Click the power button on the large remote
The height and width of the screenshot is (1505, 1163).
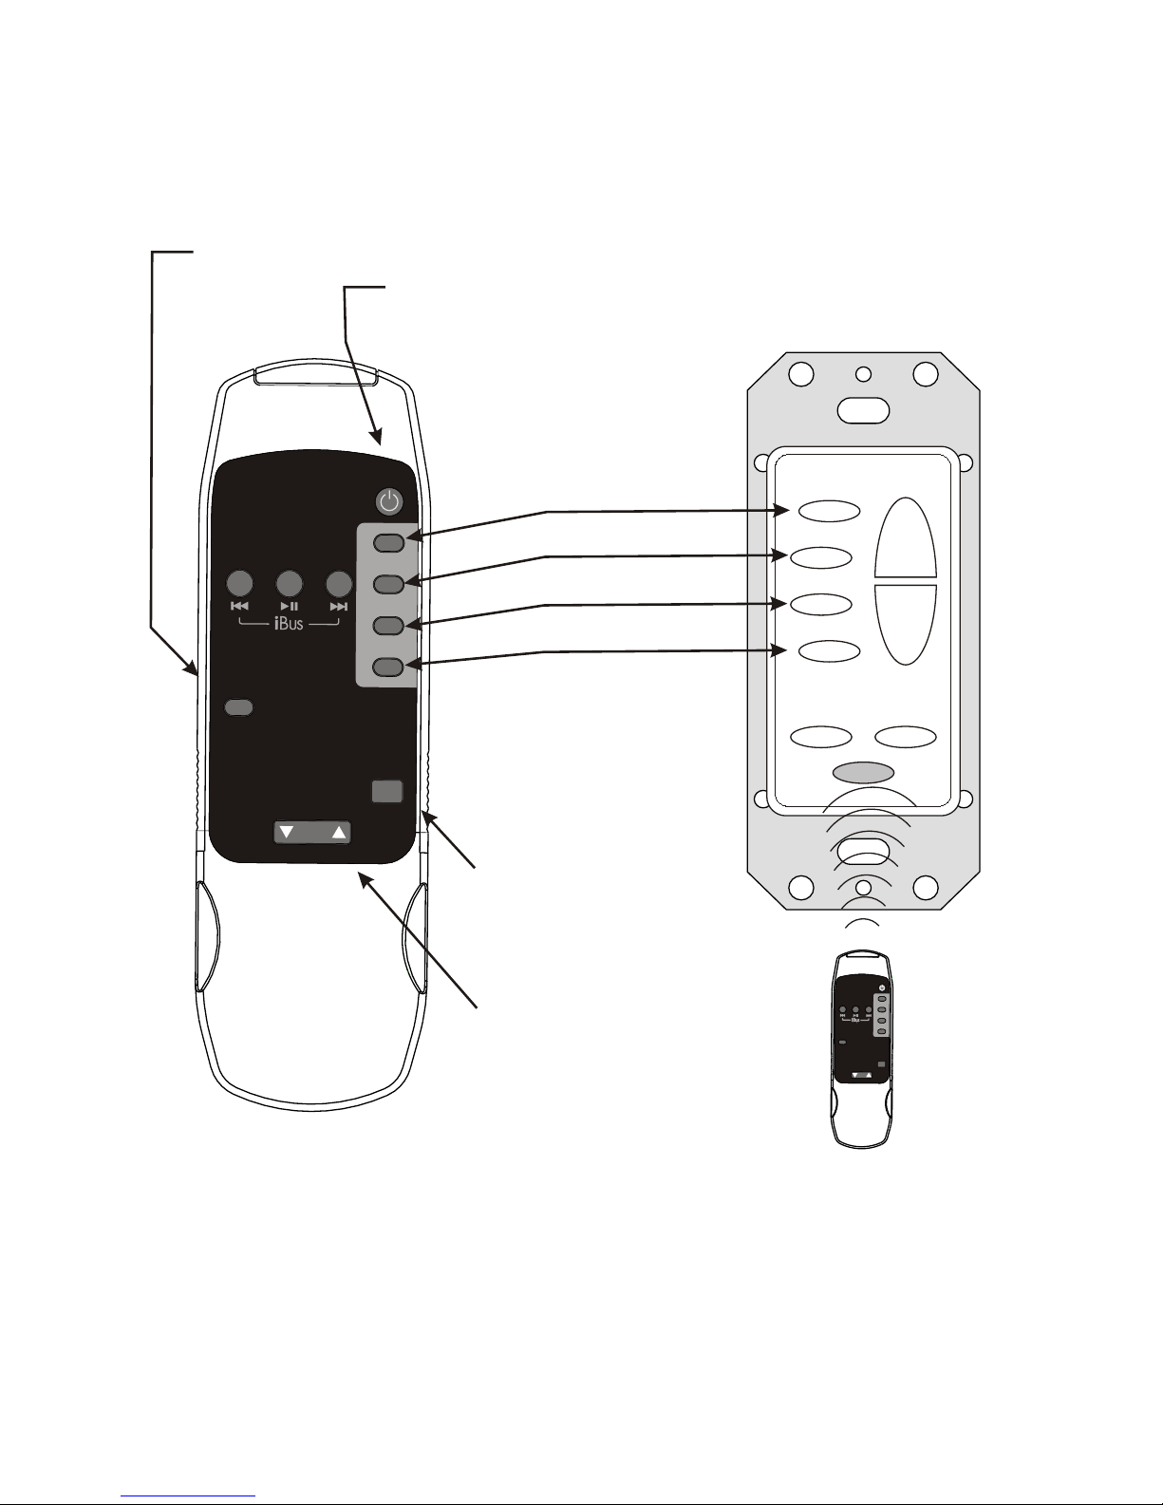(389, 501)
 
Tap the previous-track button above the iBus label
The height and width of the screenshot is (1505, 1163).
(239, 583)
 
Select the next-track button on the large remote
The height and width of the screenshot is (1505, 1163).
(339, 583)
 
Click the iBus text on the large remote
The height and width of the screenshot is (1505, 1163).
(289, 624)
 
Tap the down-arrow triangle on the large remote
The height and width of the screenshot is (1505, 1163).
(287, 833)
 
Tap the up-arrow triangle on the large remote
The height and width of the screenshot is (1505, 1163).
(338, 833)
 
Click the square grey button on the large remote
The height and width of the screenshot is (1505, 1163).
(386, 792)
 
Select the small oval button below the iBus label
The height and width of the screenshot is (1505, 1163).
(238, 707)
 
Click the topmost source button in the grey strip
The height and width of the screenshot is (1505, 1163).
(389, 543)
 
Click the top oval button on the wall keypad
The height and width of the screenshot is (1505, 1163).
(829, 511)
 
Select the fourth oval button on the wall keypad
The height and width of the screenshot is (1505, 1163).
(829, 651)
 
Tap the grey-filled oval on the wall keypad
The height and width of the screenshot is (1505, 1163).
(863, 772)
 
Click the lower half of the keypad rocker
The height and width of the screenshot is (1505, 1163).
(906, 623)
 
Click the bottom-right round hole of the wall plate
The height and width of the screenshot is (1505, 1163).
(926, 888)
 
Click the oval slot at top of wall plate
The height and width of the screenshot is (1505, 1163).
(864, 410)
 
